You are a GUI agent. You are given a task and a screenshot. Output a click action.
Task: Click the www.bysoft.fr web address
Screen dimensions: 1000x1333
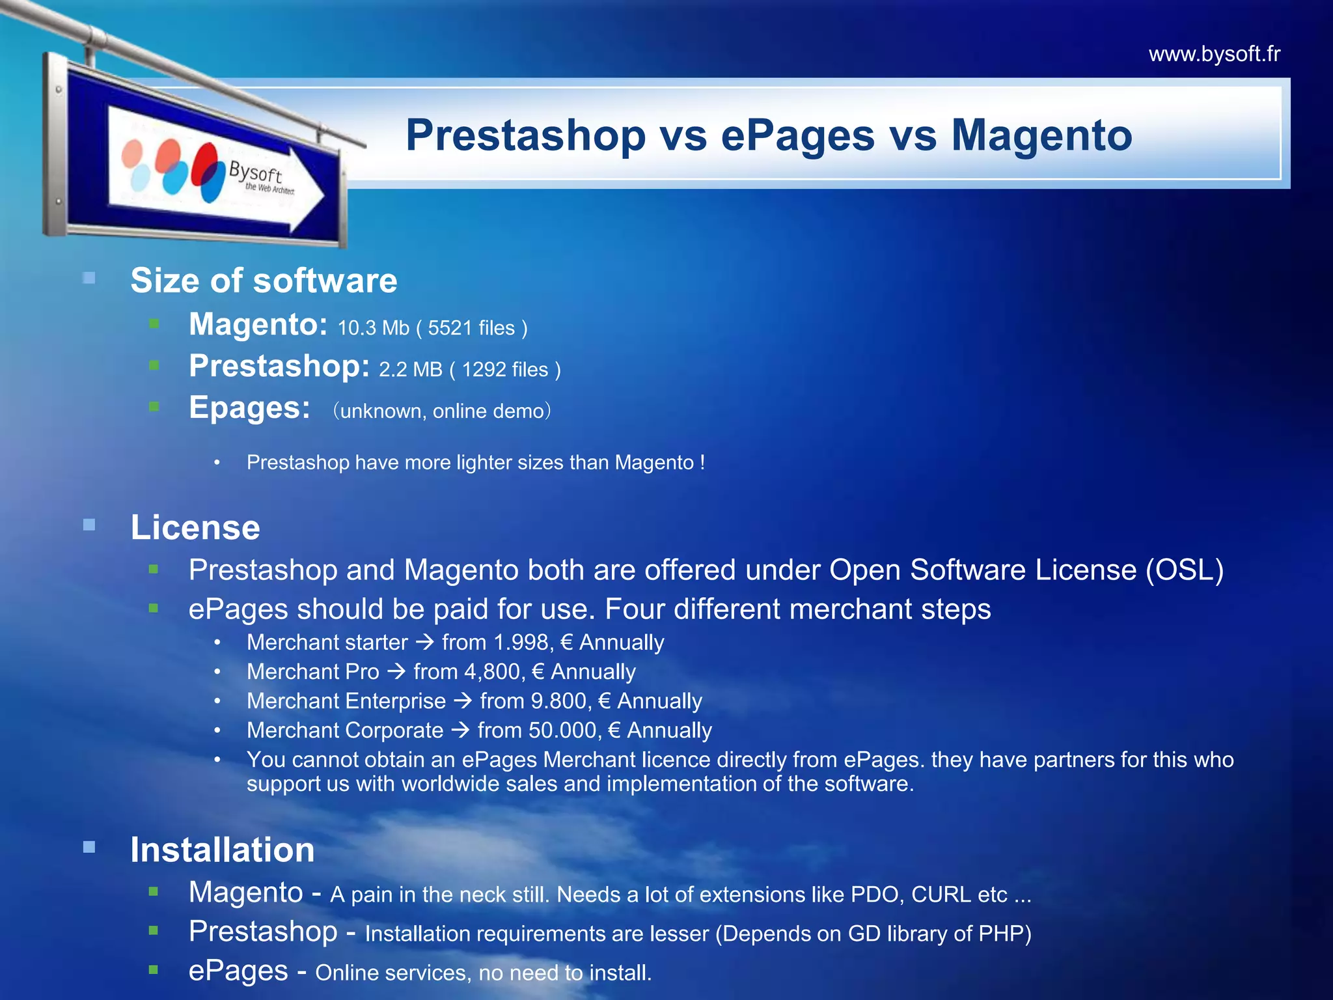click(x=1214, y=54)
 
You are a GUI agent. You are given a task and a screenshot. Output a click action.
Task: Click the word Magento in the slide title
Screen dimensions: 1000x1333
click(x=1041, y=135)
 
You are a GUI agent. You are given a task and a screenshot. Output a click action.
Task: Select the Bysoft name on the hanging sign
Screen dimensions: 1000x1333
click(x=255, y=173)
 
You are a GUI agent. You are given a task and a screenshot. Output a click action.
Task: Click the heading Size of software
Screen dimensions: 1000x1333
click(x=264, y=281)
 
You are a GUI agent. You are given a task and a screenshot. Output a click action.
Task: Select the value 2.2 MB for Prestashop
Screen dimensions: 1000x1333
click(x=410, y=370)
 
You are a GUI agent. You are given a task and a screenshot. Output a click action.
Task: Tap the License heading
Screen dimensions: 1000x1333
click(x=195, y=527)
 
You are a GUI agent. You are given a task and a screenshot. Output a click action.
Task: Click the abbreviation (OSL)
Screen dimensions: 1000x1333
click(x=1185, y=570)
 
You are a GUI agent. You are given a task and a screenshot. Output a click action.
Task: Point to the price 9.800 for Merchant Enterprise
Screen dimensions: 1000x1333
click(x=559, y=701)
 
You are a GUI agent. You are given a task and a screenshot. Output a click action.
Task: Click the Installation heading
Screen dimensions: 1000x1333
click(x=223, y=850)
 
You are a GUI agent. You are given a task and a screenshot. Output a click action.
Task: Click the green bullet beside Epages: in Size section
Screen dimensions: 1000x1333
click(x=154, y=407)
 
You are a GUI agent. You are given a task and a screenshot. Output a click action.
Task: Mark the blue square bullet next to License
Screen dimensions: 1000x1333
click(x=89, y=525)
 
